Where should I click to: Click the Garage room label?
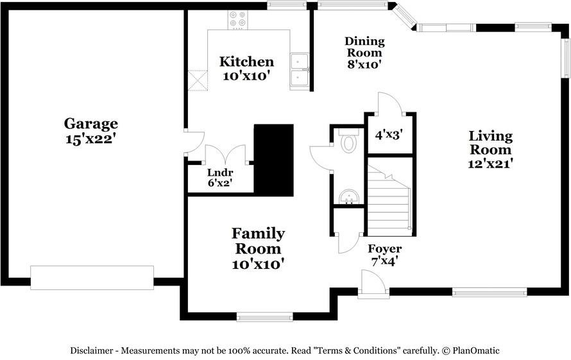point(90,123)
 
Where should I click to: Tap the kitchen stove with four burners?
point(237,20)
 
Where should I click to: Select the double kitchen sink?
point(300,71)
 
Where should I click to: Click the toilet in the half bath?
point(348,141)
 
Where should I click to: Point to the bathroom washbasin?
point(349,197)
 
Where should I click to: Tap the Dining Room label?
point(364,47)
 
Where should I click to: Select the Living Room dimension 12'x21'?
point(490,164)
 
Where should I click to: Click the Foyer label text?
point(384,249)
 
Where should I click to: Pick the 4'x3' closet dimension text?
point(389,135)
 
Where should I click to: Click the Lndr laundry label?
point(220,173)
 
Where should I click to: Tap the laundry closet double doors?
point(226,155)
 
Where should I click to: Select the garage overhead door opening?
point(92,278)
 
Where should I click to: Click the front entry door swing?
point(371,281)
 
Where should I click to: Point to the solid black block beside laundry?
point(273,160)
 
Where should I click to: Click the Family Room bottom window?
point(265,316)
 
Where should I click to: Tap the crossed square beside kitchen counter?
point(198,80)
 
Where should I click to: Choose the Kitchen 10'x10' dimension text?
point(246,76)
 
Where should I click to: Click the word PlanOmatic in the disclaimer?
point(475,351)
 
